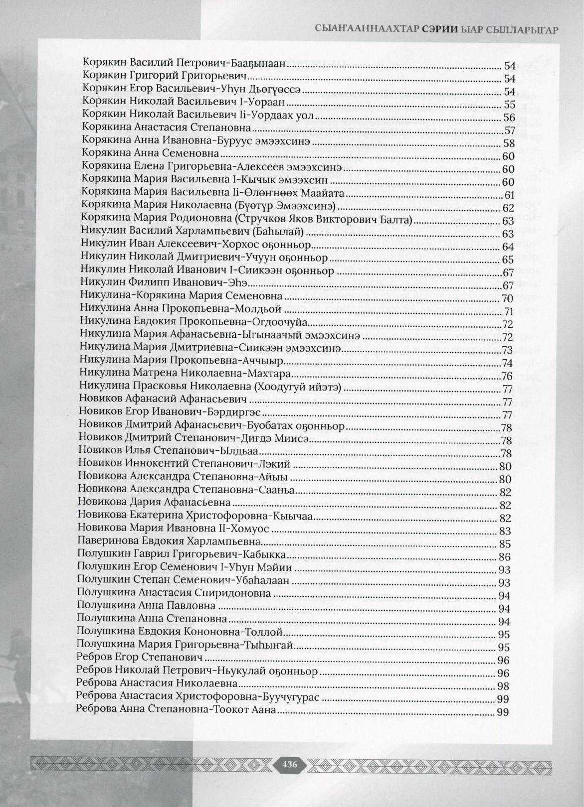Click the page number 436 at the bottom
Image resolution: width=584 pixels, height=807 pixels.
[289, 764]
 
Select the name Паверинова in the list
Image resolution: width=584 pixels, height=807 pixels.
[104, 541]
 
